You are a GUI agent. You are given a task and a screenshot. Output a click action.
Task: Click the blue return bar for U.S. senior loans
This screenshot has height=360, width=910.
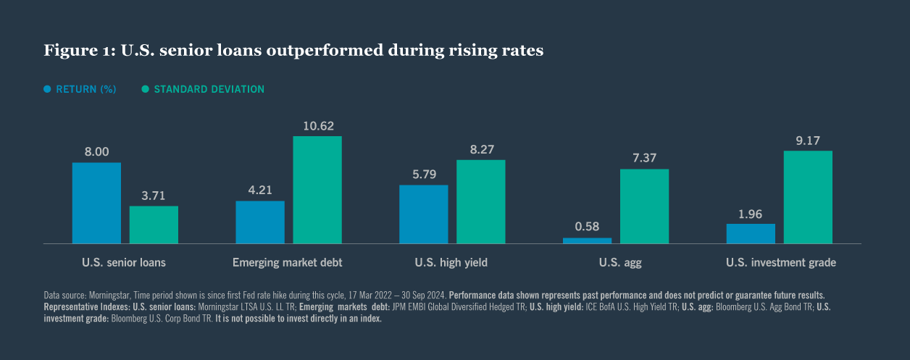(96, 203)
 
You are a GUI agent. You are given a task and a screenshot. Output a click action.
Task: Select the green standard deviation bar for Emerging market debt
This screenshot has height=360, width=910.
(317, 190)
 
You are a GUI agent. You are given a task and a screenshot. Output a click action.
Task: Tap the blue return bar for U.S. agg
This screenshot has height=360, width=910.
(587, 240)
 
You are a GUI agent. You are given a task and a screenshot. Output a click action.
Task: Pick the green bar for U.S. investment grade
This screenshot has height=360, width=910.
(808, 197)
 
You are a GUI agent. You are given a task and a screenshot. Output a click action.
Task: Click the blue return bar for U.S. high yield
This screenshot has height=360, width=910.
(423, 214)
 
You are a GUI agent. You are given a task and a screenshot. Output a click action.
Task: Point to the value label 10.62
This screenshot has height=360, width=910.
(317, 126)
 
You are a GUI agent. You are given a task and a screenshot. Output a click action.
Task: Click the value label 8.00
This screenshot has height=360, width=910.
(96, 152)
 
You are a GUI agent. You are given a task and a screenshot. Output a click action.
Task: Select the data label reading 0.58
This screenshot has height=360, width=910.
(587, 227)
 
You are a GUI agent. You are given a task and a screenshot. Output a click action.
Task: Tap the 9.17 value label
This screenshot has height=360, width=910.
(808, 141)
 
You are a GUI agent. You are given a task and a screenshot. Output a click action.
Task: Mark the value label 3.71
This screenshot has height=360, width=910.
(154, 196)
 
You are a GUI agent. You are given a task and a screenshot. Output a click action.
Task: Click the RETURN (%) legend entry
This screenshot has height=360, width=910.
(85, 89)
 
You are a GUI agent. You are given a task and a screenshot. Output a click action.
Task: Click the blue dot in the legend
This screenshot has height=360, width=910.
(48, 89)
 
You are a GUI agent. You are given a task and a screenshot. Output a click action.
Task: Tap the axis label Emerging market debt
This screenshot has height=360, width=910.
(288, 262)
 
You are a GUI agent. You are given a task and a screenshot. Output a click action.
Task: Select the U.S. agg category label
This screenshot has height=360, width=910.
(615, 262)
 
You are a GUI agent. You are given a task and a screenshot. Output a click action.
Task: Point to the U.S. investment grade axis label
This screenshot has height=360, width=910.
(780, 262)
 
